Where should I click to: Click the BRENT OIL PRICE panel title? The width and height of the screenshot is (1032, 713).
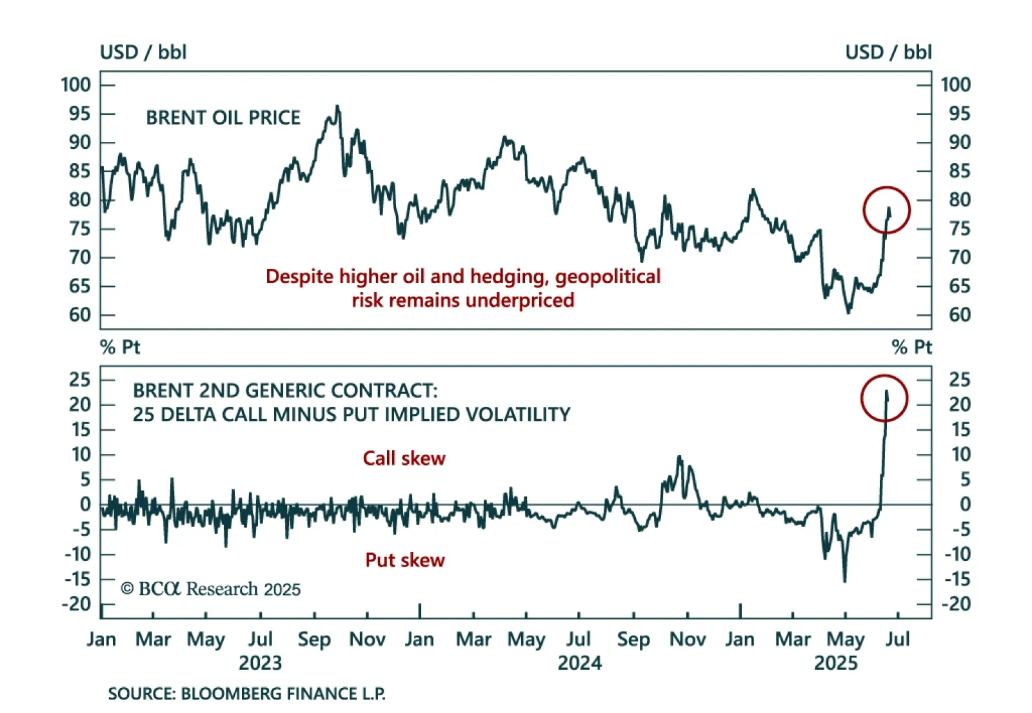coord(223,117)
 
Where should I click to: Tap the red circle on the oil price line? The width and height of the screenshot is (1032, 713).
coord(886,210)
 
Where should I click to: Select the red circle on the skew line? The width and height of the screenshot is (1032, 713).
coord(884,398)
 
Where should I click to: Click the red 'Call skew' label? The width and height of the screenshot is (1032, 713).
coord(404,458)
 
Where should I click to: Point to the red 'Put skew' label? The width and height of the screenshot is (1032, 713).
coord(404,560)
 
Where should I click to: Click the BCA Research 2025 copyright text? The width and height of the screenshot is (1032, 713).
coord(211,589)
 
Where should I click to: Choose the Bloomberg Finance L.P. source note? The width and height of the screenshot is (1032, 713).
coord(246,694)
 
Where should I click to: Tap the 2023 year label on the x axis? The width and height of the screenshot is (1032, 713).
coord(260,663)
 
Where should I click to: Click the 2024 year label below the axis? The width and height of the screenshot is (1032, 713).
coord(579,663)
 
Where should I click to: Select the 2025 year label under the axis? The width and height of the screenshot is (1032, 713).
coord(836,663)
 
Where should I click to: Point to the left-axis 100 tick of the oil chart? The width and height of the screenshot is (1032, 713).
coord(76,84)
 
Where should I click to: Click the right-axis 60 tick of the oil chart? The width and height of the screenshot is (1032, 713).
coord(959,315)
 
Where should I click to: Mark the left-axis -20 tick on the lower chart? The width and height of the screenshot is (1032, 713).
coord(77,604)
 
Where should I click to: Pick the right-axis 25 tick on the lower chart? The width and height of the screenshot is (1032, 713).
coord(959,380)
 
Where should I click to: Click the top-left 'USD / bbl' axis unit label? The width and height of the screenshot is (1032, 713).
coord(143,52)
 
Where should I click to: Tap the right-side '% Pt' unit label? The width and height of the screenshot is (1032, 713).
coord(912,347)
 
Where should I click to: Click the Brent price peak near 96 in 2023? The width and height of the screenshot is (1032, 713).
coord(337,107)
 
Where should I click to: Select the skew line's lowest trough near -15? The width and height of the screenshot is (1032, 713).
coord(845,580)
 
